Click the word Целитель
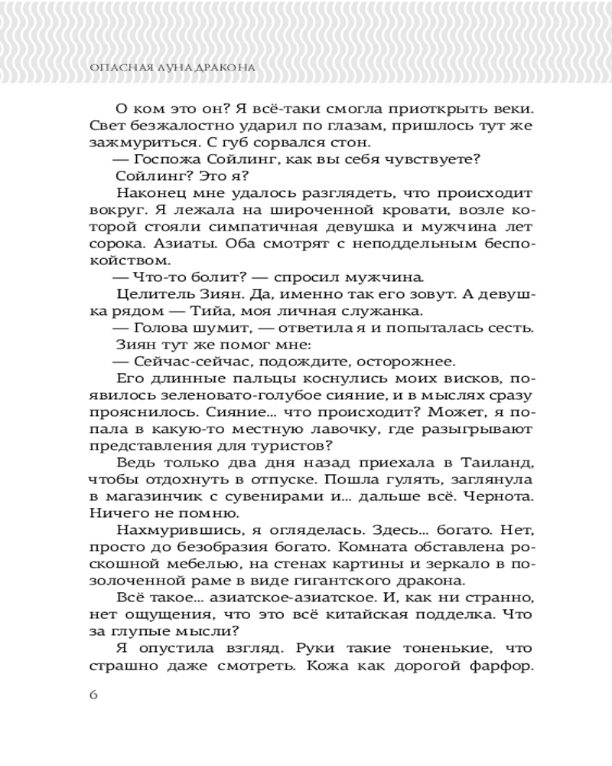coord(152,294)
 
